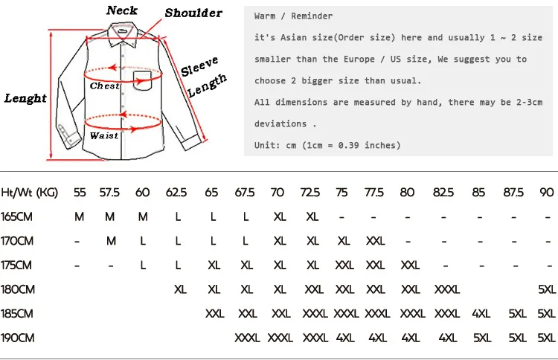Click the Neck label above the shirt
coord(122,10)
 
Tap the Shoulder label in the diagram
coord(193,13)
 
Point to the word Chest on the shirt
coord(105,86)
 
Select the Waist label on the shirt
coord(103,135)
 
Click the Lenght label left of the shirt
coord(25,98)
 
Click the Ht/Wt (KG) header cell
coord(30,192)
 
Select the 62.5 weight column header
coord(176,192)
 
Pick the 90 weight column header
coord(547,192)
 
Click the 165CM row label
coord(17,216)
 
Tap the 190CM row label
coord(18,338)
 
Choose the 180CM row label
coord(18,289)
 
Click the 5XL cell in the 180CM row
coord(547,289)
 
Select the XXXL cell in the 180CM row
coord(447,289)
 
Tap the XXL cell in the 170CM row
coord(376,241)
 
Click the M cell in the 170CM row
coord(111,241)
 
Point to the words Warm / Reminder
coord(293,16)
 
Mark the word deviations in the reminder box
coord(280,123)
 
